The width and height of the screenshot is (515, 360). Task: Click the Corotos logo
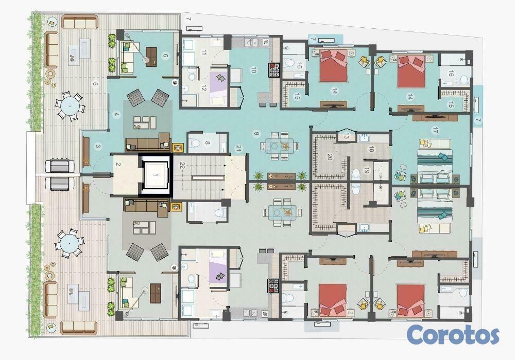tap(453, 335)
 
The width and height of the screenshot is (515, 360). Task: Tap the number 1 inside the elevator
tap(156, 175)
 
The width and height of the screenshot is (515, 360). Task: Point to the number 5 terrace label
tap(95, 84)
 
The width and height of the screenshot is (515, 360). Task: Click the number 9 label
tap(257, 133)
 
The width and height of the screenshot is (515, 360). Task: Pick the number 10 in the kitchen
tap(253, 70)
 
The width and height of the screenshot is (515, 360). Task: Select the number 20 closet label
tap(330, 157)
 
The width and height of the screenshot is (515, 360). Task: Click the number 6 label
tap(165, 56)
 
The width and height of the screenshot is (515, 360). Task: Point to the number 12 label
tap(203, 87)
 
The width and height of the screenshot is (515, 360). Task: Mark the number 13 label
tap(347, 136)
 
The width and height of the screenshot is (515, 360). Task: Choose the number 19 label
tap(367, 171)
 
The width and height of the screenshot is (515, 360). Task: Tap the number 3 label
tap(97, 147)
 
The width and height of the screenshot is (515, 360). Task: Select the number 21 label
tap(238, 148)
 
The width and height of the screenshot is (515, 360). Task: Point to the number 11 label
tap(204, 52)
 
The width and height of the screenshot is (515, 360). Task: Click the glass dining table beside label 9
tap(280, 146)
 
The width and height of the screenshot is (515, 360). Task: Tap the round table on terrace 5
tap(70, 106)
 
